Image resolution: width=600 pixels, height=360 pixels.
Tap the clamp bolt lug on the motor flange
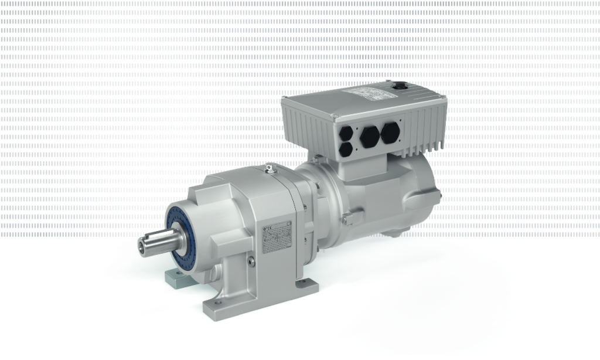coord(347,219)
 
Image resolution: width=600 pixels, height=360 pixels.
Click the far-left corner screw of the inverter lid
coord(285,99)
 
